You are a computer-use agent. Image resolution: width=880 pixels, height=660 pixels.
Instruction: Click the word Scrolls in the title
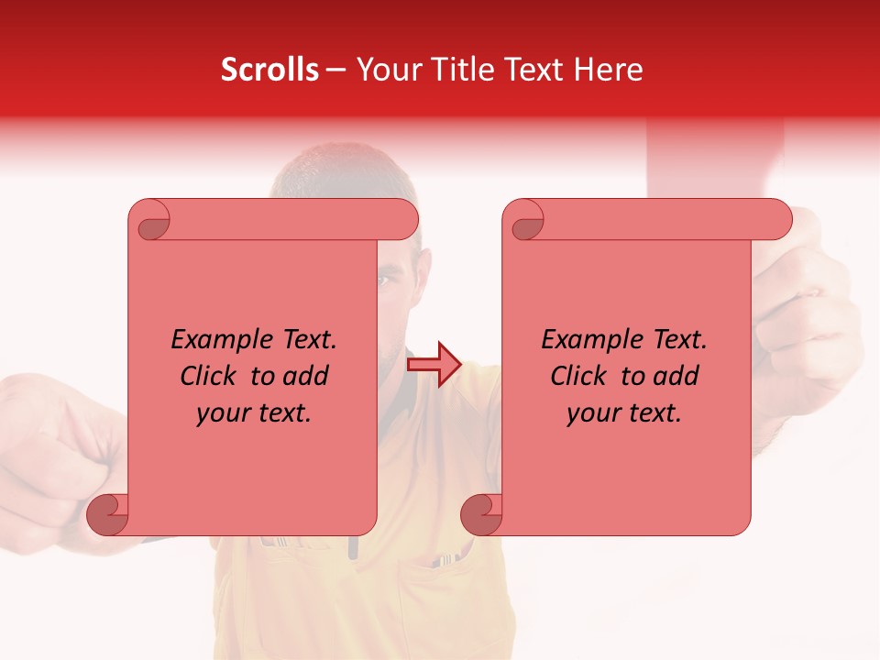point(269,70)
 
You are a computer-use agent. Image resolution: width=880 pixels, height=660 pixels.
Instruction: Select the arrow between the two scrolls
point(434,364)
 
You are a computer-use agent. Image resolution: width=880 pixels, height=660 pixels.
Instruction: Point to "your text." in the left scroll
point(254,413)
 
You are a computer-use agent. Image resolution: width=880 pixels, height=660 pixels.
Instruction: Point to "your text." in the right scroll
point(624,413)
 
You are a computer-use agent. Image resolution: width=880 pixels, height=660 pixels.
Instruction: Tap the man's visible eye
point(388,278)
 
